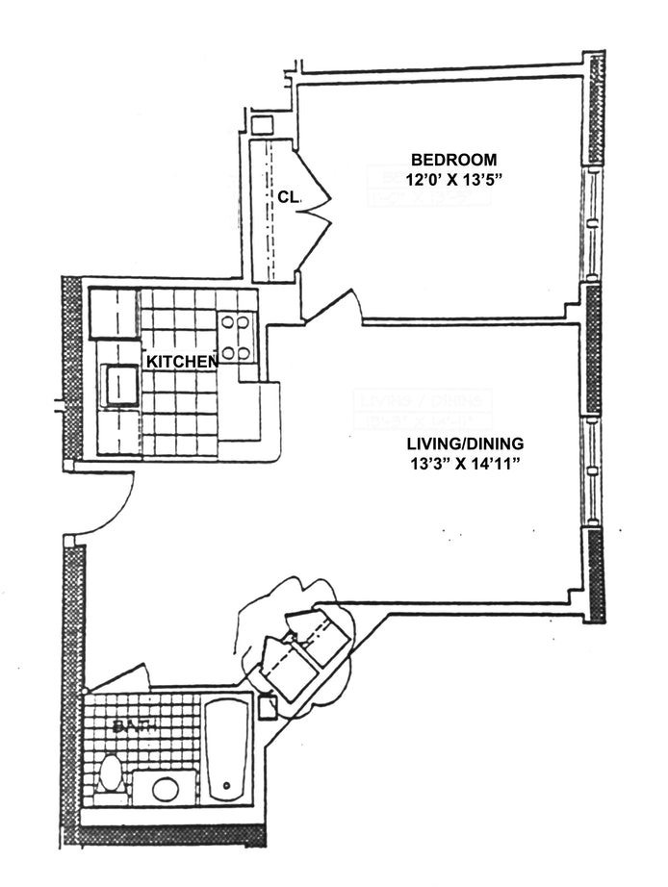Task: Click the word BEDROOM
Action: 453,160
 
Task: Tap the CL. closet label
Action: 289,196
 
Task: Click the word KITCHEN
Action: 181,362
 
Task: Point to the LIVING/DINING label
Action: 464,443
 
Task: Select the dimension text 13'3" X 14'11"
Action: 464,464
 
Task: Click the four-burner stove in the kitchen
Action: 237,338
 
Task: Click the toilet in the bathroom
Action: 111,774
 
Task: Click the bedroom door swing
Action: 333,304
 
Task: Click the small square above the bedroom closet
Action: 262,125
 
